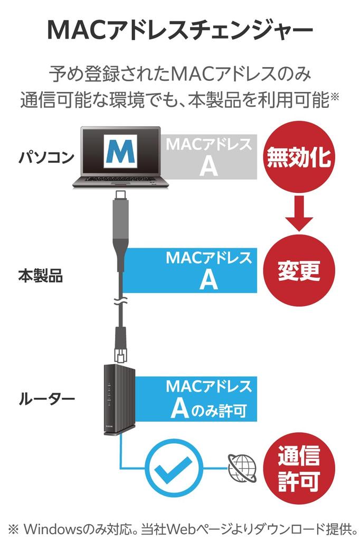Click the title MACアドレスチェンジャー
click(179, 30)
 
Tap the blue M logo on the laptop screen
click(121, 152)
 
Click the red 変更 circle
click(299, 270)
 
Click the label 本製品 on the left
click(40, 276)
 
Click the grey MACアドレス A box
click(209, 157)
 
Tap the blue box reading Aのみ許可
click(209, 399)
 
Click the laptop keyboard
click(121, 181)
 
